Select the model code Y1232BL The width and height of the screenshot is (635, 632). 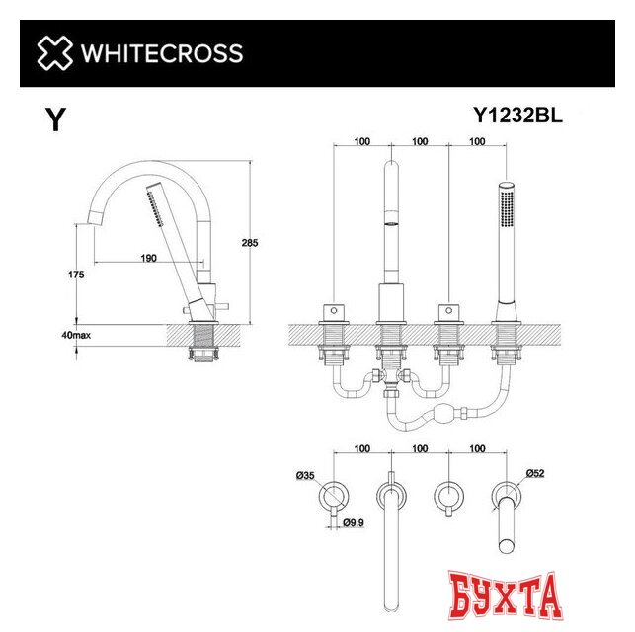pyautogui.click(x=517, y=116)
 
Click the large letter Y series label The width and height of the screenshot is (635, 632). pyautogui.click(x=56, y=121)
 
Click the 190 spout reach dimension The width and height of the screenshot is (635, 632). pyautogui.click(x=149, y=259)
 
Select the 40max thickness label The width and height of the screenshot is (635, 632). pyautogui.click(x=76, y=336)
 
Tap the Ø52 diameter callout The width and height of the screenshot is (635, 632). pyautogui.click(x=535, y=473)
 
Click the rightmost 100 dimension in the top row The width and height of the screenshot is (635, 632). pyautogui.click(x=477, y=142)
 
